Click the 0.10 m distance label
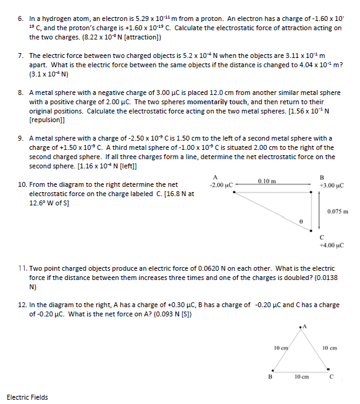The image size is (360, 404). click(x=267, y=180)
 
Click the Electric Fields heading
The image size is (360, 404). click(x=27, y=397)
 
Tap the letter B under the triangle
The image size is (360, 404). click(x=269, y=375)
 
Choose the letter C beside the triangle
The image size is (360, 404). click(x=332, y=375)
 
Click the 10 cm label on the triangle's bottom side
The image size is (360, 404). click(x=301, y=375)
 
